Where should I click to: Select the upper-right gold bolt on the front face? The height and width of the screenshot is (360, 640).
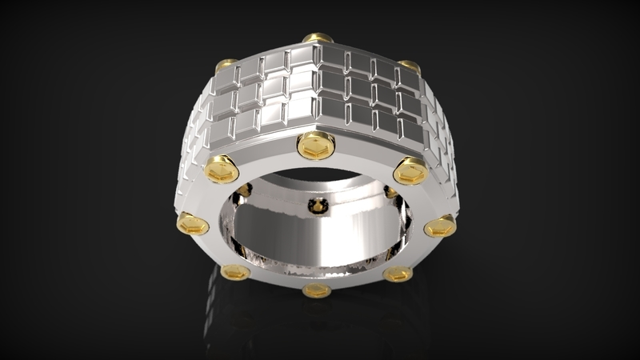[410, 170]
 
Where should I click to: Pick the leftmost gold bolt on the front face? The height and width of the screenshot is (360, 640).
[192, 224]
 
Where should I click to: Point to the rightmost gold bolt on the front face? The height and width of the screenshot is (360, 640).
[439, 226]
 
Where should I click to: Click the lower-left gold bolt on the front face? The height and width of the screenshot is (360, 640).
[235, 273]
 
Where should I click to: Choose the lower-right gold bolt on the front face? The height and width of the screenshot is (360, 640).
[398, 274]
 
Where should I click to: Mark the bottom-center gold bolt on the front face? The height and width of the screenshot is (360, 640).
[317, 289]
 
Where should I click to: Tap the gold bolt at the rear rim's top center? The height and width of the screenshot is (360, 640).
[318, 38]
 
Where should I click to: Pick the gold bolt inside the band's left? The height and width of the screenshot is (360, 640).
[244, 190]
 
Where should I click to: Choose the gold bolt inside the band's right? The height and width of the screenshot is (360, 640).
[390, 192]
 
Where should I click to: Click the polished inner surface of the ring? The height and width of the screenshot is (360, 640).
[320, 240]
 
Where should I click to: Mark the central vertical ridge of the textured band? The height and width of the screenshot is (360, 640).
[316, 88]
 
